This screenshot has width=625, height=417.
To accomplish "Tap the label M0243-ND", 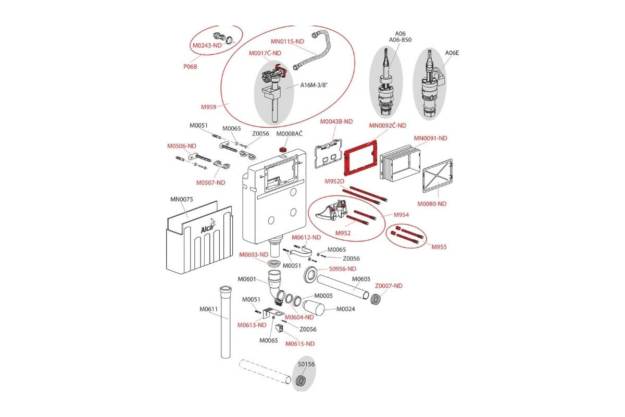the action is (x=207, y=45).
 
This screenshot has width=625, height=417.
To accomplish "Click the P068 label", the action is (x=190, y=67).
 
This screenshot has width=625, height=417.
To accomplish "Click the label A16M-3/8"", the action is (x=314, y=85).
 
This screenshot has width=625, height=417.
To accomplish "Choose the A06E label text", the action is (x=452, y=53).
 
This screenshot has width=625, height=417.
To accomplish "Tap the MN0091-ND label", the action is (x=430, y=138).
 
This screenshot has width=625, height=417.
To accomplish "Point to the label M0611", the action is (x=208, y=309).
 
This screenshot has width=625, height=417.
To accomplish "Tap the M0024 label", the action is (x=345, y=309).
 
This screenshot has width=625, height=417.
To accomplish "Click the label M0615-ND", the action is (x=299, y=344).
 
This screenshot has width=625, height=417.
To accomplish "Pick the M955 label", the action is (x=439, y=247).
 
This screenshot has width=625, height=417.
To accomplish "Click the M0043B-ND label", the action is (x=336, y=121).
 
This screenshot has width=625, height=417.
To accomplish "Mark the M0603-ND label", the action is (x=254, y=255).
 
